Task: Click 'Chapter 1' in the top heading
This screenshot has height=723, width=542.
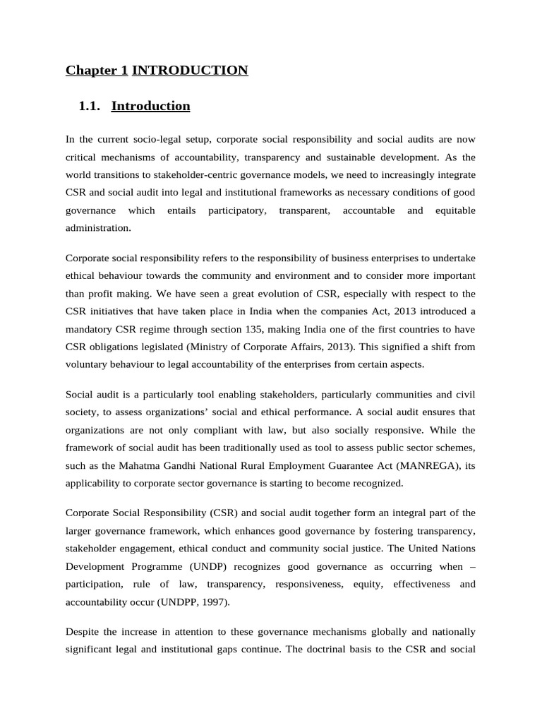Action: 97,70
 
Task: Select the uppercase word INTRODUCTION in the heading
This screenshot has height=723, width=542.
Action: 190,70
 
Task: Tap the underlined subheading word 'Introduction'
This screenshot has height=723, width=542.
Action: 150,106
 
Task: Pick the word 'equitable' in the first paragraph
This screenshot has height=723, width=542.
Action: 455,210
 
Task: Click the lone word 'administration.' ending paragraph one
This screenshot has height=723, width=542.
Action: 98,228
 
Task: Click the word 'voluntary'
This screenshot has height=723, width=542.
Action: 88,365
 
